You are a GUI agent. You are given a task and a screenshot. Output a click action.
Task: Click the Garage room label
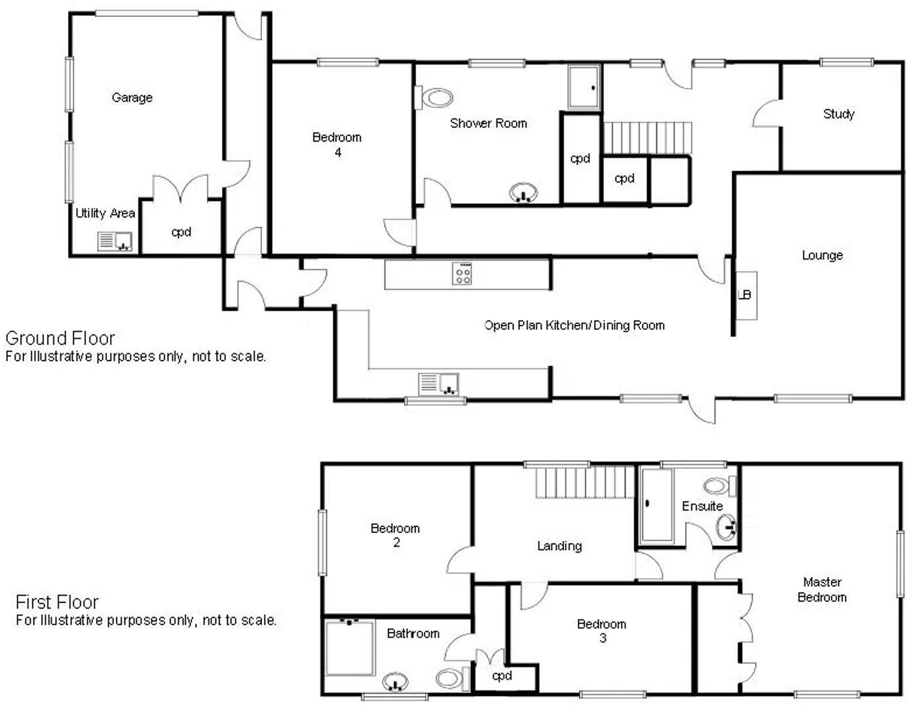click(x=132, y=98)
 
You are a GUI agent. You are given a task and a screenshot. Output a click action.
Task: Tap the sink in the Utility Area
click(x=115, y=241)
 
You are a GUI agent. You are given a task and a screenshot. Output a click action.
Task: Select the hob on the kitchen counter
click(x=462, y=273)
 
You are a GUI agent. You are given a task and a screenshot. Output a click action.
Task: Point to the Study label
click(x=838, y=114)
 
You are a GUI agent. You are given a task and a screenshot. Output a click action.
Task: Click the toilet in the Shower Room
click(x=435, y=99)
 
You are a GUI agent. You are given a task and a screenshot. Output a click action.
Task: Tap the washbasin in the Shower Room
click(x=523, y=193)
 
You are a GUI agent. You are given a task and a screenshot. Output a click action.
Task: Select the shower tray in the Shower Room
click(x=584, y=87)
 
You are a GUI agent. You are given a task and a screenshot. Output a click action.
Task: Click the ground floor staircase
click(x=647, y=138)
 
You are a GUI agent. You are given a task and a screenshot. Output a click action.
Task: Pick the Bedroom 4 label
click(x=337, y=144)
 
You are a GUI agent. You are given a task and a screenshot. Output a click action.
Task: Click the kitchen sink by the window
click(x=439, y=384)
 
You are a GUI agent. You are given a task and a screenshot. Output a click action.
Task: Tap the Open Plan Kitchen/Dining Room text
click(x=574, y=325)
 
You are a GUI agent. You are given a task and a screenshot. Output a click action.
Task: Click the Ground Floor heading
click(x=60, y=338)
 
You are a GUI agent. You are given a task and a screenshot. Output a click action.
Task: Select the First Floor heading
click(x=57, y=602)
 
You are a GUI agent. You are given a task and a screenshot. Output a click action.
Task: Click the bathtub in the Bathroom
click(x=350, y=648)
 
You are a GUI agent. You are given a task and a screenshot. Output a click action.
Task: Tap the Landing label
click(x=559, y=545)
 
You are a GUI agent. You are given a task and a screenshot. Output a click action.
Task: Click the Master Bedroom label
click(x=822, y=589)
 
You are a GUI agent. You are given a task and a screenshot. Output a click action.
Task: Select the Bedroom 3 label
click(x=601, y=631)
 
